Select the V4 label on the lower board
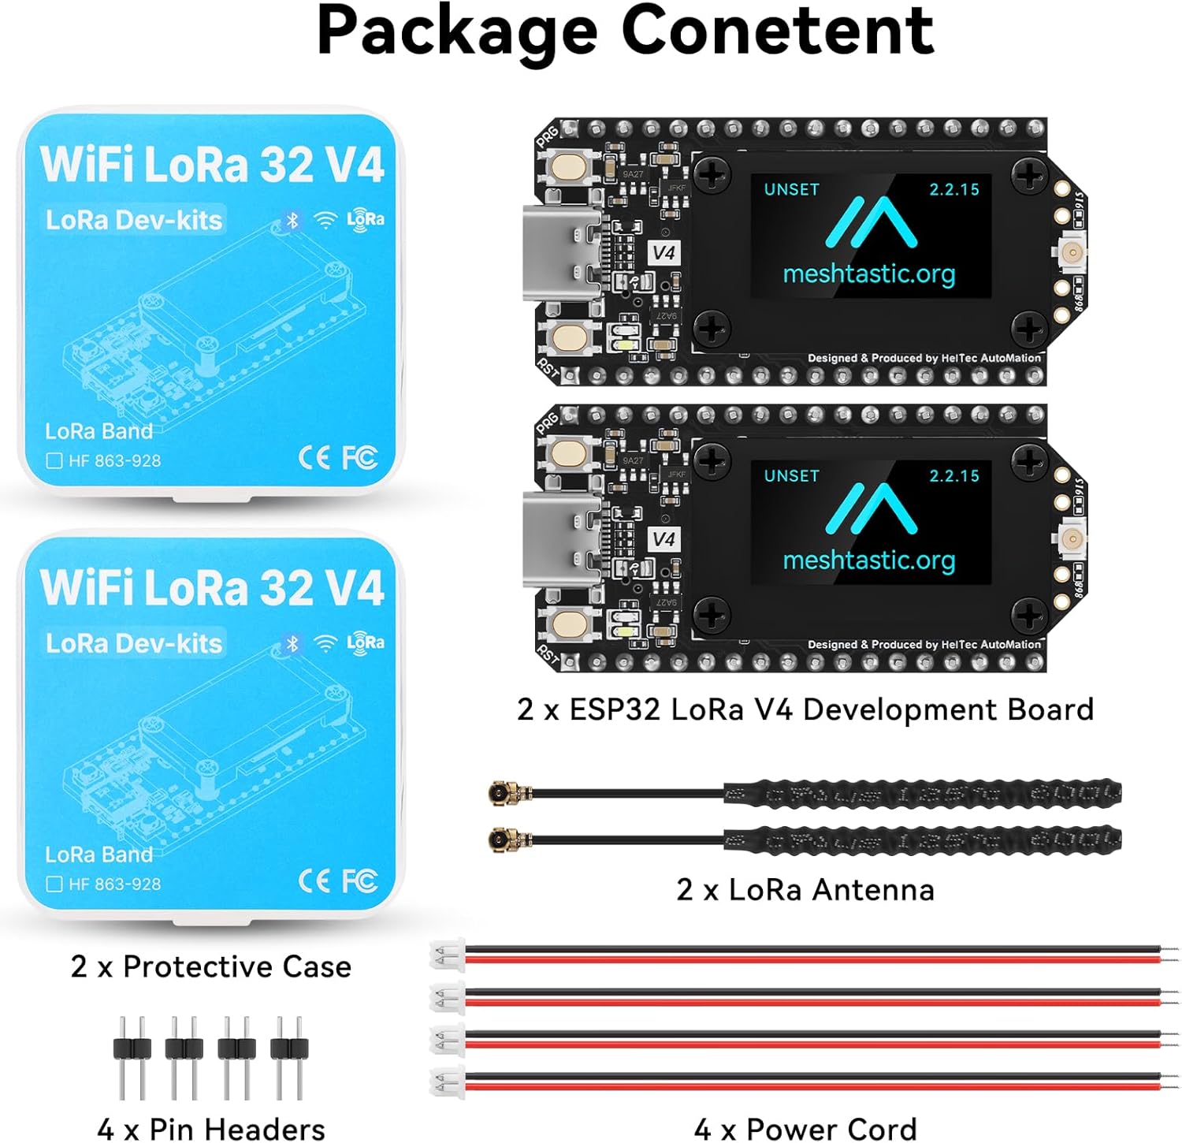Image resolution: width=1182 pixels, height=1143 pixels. point(663,539)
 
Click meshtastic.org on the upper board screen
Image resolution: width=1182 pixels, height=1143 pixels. point(868,274)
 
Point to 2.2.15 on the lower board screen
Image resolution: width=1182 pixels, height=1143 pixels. point(953,475)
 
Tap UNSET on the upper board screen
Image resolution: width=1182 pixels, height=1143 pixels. point(791,189)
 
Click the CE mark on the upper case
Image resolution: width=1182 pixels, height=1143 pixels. point(314,457)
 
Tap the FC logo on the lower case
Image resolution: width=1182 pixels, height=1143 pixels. point(359,881)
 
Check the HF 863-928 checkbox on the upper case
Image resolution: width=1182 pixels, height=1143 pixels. point(54,460)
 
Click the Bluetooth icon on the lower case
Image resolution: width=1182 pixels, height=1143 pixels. point(292,643)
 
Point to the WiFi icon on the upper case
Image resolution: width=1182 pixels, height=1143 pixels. point(325,221)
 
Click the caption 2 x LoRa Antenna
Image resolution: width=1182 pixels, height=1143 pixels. point(805,889)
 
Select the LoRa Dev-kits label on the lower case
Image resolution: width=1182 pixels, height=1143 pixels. point(134,643)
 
